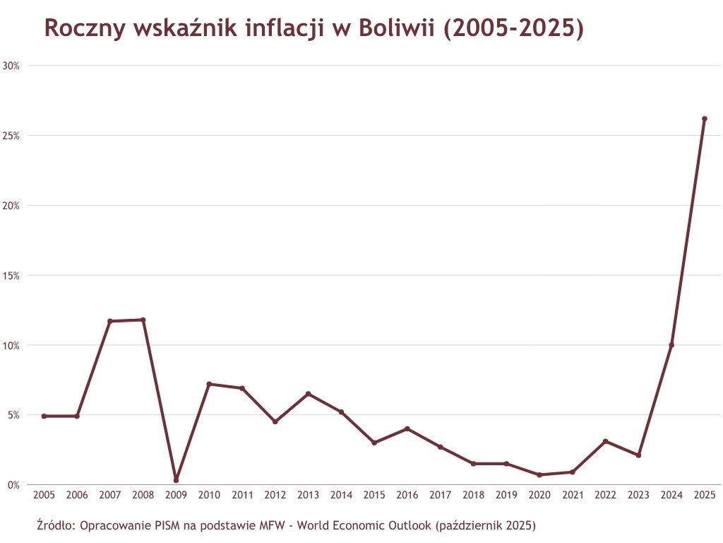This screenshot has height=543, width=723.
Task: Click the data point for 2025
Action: point(704,119)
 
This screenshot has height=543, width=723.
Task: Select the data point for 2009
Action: point(176,480)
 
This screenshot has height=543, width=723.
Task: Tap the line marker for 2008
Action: point(143,320)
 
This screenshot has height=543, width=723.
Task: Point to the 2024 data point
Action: point(671,345)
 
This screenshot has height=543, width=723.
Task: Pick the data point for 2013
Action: point(308,394)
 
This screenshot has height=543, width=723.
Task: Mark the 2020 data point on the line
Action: point(539,474)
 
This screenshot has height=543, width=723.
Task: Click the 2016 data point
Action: point(407,428)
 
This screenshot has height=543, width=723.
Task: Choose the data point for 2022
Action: point(605,441)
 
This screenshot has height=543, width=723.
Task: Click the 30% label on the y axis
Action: point(11,66)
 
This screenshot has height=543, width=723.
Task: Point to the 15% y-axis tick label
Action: point(11,275)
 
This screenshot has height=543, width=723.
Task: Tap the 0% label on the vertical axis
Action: point(13,485)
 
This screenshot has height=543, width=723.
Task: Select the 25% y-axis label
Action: point(11,135)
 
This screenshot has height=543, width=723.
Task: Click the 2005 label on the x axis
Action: point(44,496)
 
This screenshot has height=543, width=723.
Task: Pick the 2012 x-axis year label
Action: point(275,496)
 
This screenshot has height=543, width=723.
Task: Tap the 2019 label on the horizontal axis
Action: point(506,496)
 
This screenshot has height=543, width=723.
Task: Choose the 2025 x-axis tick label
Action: point(704,496)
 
